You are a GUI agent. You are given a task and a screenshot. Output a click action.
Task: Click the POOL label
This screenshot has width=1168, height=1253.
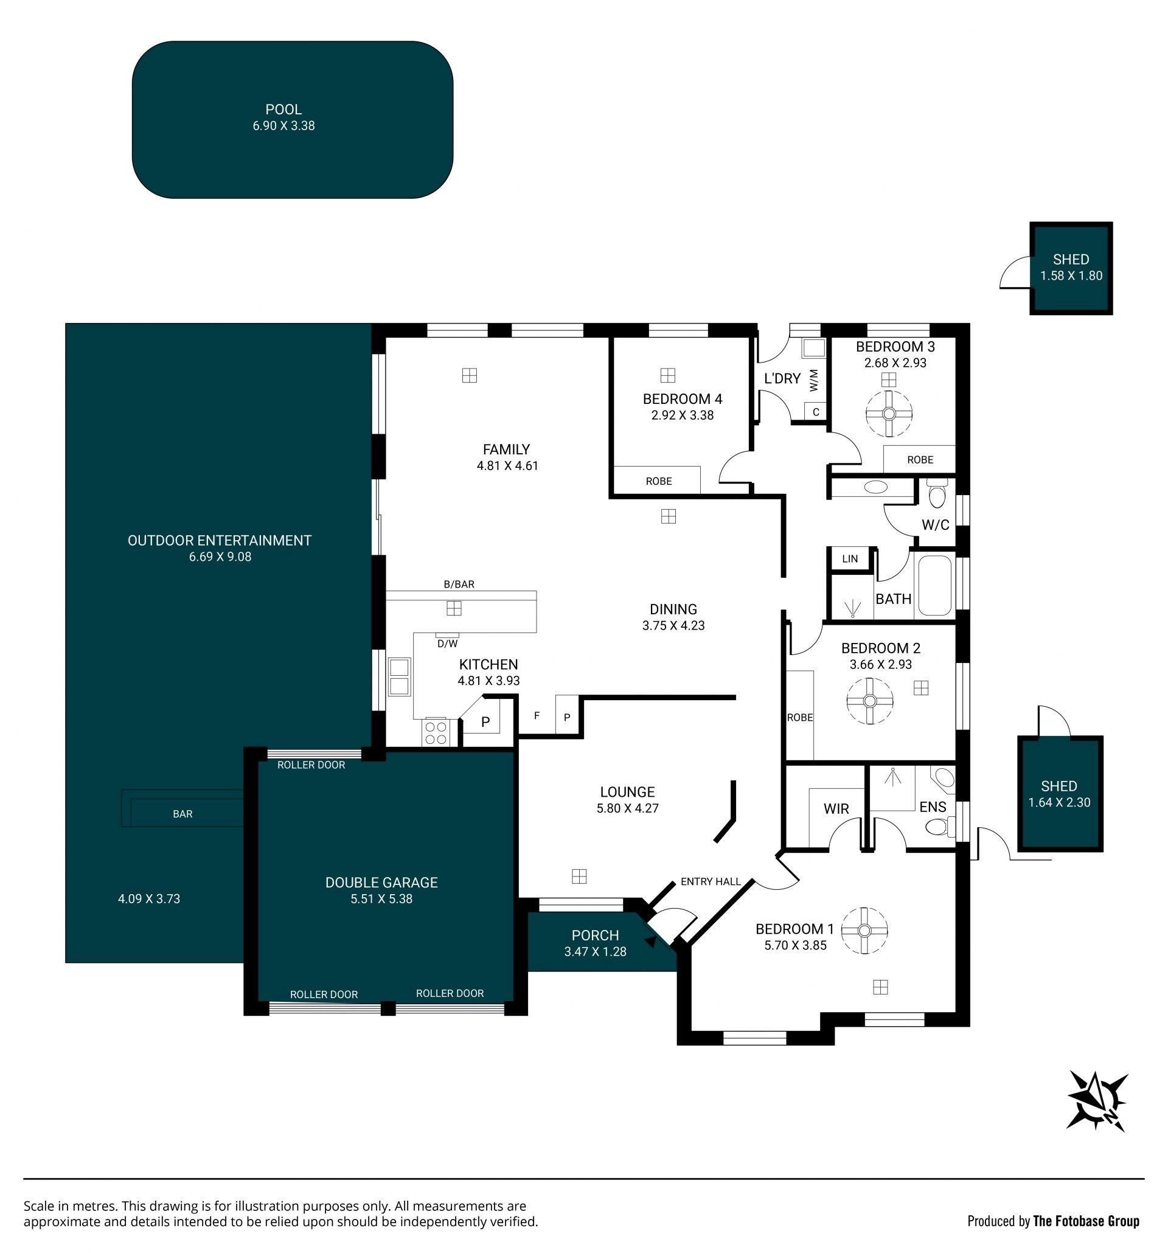[x=283, y=109]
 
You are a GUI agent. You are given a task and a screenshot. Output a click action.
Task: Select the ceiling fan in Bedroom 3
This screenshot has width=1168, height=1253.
[x=889, y=414]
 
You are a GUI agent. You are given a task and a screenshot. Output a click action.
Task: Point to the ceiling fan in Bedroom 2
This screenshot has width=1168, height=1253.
[x=870, y=701]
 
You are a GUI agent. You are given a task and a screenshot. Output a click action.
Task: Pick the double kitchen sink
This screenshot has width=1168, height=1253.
[x=399, y=676]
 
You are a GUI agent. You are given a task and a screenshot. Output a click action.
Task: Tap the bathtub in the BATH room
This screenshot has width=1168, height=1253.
[x=934, y=585]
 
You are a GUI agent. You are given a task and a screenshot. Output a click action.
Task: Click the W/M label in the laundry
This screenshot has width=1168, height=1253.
[x=814, y=380]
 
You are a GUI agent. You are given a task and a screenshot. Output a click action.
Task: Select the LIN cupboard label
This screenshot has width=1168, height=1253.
[x=850, y=558]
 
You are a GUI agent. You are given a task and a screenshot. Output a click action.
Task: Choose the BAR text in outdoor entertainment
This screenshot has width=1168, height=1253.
[x=182, y=814]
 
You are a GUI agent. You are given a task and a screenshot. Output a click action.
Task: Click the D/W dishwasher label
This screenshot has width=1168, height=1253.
[x=448, y=644]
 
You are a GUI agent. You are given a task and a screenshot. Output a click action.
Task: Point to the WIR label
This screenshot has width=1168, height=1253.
[x=836, y=808]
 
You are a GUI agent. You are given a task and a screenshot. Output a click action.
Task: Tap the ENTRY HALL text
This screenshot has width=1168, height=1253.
[x=711, y=881]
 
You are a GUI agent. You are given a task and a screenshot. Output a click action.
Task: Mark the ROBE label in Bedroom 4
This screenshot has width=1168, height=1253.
[x=659, y=481]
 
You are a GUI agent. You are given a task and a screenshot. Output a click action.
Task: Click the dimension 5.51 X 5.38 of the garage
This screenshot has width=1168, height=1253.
[x=381, y=899]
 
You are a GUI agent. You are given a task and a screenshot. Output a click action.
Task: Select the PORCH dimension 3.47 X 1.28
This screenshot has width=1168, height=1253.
[x=595, y=952]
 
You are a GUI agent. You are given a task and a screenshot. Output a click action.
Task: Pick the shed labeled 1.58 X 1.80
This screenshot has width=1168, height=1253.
[x=1071, y=268]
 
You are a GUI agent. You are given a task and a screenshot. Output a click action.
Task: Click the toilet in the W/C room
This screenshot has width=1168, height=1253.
[x=937, y=493]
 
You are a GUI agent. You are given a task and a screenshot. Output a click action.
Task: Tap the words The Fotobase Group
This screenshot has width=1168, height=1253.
[x=1086, y=1221]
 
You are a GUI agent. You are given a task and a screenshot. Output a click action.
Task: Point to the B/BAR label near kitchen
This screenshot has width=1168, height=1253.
[x=459, y=585]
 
